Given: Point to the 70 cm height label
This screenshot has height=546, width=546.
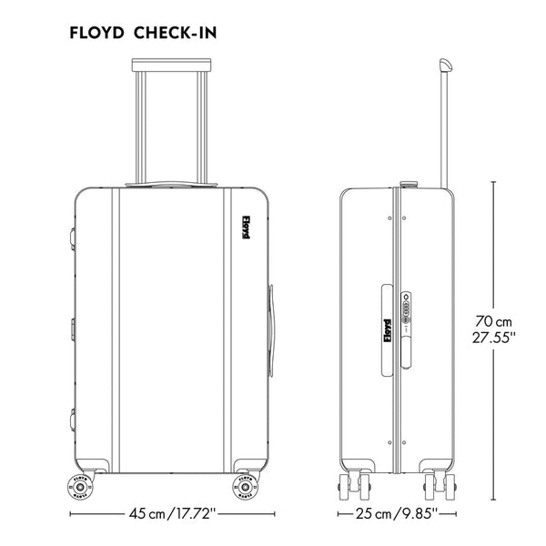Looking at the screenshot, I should click(x=494, y=321).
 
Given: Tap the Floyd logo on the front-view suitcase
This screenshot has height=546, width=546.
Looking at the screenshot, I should click(x=246, y=227).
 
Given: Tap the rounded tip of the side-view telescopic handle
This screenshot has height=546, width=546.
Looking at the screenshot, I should click(x=445, y=66).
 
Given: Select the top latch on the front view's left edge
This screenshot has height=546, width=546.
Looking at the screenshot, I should click(x=69, y=236).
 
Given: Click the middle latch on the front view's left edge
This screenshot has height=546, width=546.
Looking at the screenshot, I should click(x=69, y=326).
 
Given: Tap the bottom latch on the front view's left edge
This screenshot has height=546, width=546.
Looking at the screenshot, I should click(x=69, y=419).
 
